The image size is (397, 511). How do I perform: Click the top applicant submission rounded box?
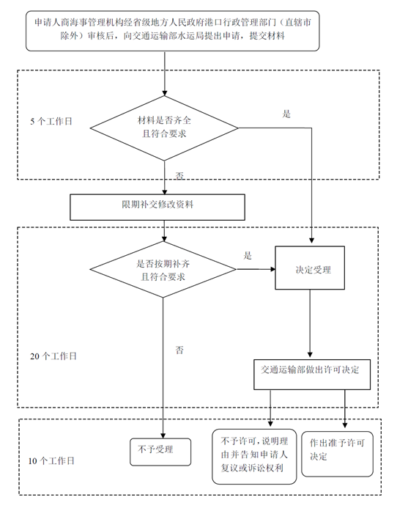[173, 31]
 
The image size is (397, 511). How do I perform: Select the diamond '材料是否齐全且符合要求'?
[165, 126]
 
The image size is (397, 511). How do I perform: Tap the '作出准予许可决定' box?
[341, 450]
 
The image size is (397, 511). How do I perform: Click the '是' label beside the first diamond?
[287, 114]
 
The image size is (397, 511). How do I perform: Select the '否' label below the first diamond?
[179, 176]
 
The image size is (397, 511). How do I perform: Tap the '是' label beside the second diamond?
[248, 256]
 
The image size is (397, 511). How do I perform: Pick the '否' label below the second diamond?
[179, 350]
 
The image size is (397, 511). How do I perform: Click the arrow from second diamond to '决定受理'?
[257, 270]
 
